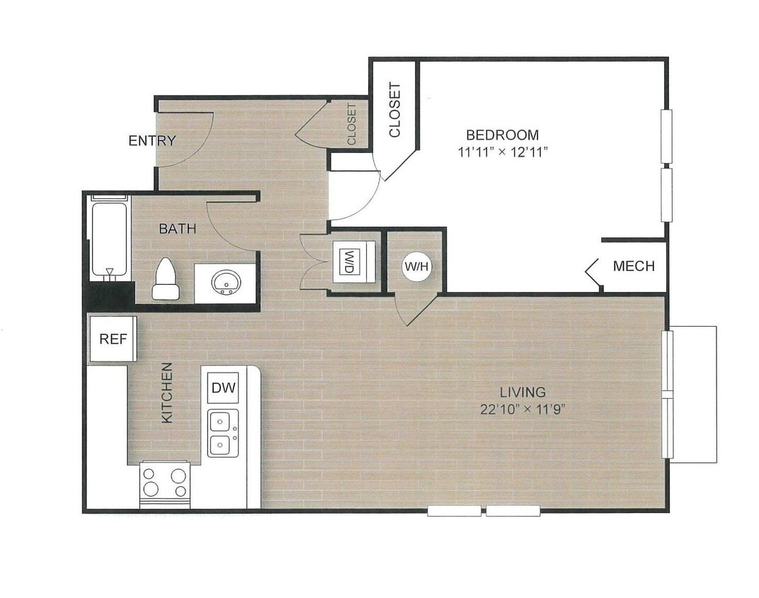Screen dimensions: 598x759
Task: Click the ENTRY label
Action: [x=152, y=141]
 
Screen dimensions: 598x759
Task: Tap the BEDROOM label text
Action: [x=502, y=135]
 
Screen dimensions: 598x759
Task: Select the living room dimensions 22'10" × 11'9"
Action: [x=523, y=409]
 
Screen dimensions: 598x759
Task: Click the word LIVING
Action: [x=523, y=392]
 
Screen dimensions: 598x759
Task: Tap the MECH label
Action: [x=634, y=267]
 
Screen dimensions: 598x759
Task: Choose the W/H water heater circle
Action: [x=416, y=267]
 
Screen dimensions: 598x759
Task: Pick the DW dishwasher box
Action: [x=223, y=388]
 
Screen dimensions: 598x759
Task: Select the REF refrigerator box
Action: [x=112, y=339]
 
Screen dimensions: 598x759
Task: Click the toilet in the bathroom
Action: [x=166, y=279]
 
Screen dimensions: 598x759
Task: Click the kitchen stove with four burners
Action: [x=165, y=483]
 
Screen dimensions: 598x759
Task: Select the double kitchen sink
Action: [x=222, y=434]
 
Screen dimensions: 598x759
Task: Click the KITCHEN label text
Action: [x=167, y=393]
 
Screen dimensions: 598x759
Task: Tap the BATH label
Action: [x=177, y=229]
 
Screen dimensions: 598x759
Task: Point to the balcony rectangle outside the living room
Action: [x=694, y=394]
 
